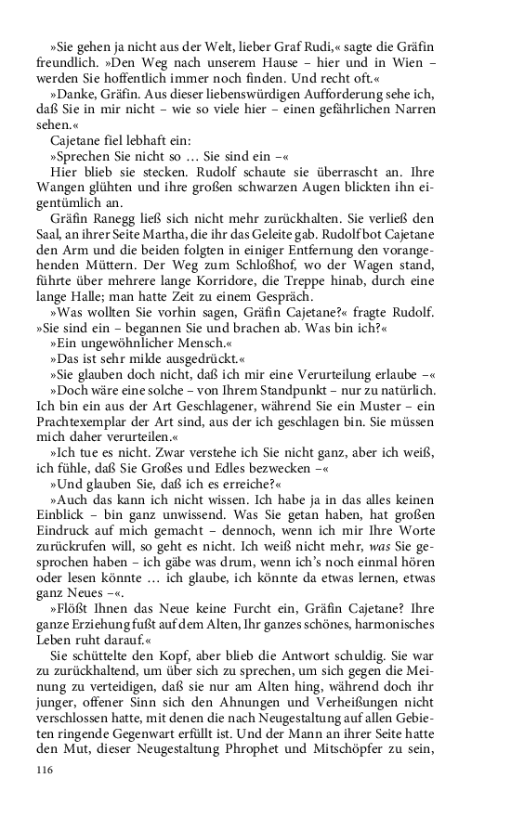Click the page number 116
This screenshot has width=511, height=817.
[x=46, y=771]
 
